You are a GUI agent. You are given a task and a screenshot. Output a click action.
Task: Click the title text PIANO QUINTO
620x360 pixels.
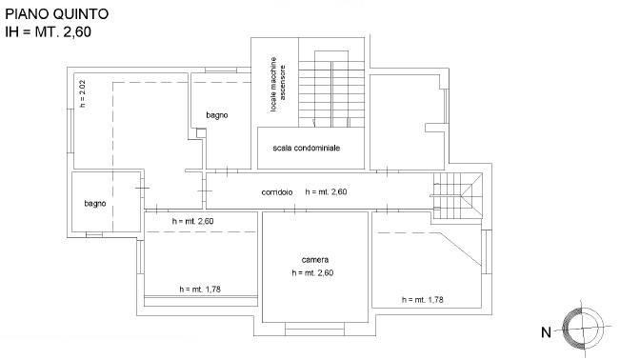[x=56, y=14]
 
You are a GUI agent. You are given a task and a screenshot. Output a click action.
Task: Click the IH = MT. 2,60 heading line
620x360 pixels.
[x=48, y=31]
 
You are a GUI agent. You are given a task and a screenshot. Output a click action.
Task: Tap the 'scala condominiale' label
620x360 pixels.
[x=307, y=148]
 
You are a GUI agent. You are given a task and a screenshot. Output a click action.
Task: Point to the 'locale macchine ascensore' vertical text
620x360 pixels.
[x=277, y=85]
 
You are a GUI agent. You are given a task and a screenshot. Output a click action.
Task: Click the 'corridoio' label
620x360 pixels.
[x=277, y=192]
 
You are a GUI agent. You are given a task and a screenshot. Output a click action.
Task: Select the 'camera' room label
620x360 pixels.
[x=314, y=260]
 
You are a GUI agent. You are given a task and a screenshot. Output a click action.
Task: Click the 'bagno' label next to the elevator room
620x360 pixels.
[x=217, y=115]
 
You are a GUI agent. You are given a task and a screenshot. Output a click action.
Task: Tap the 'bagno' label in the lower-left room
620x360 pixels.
[x=95, y=204]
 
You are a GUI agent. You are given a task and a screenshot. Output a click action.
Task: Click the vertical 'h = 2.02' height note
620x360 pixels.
[x=82, y=94]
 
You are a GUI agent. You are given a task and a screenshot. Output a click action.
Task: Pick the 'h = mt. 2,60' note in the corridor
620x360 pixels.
[x=327, y=191]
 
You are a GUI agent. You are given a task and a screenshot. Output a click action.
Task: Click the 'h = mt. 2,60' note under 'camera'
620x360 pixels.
[x=312, y=273]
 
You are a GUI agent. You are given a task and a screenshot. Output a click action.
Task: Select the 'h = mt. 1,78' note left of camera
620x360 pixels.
[x=200, y=290]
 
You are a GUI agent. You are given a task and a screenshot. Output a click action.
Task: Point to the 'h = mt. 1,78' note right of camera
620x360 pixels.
[x=422, y=300]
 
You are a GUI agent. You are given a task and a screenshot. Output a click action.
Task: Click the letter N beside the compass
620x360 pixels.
[x=546, y=332]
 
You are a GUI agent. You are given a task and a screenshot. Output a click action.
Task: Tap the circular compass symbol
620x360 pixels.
[x=583, y=328]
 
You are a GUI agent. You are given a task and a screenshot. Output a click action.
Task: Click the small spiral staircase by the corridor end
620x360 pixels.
[x=457, y=196]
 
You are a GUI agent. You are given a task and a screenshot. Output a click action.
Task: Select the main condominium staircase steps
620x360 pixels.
[x=331, y=94]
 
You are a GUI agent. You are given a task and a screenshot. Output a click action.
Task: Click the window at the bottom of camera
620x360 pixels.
[x=314, y=329]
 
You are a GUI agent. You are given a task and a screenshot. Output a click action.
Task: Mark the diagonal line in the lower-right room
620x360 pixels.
[x=461, y=249]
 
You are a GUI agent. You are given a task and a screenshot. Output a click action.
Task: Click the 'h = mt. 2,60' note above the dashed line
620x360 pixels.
[x=193, y=221]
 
